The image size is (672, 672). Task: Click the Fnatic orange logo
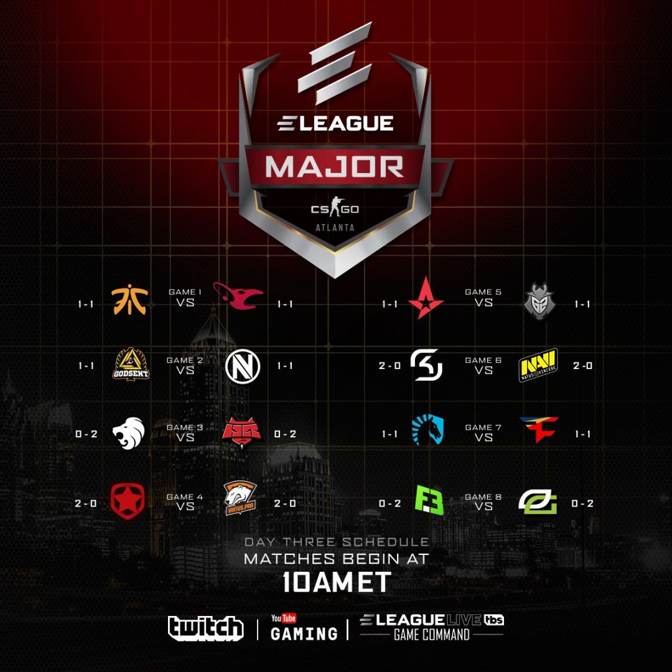point(129,299)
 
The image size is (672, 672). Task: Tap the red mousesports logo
point(238,297)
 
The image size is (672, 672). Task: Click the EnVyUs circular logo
point(239,365)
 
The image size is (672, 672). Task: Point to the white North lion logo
point(129,432)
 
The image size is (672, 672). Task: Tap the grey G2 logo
point(539,300)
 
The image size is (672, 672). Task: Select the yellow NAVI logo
point(538,365)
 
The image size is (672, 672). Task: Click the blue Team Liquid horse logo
point(427,430)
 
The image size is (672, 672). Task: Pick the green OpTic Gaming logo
point(538,502)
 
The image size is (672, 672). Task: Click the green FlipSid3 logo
point(429,500)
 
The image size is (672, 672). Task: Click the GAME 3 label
point(180,427)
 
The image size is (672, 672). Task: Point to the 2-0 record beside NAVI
point(582,366)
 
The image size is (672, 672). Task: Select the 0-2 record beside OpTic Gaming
point(582,503)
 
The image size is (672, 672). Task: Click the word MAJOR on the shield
point(335,166)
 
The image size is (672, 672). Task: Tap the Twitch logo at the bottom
point(205,627)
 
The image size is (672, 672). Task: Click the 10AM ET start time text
point(337,582)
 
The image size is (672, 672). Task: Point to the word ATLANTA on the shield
point(335,228)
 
